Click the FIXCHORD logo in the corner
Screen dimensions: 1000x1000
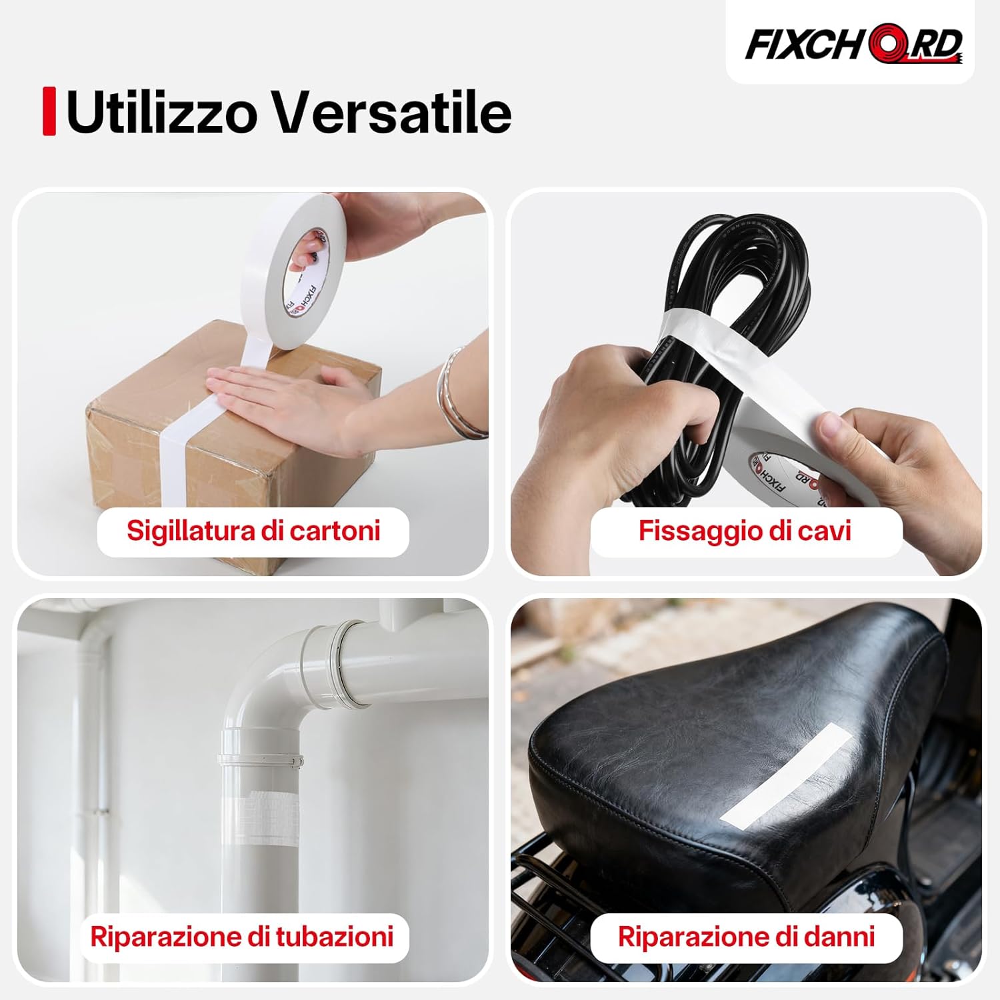[853, 44]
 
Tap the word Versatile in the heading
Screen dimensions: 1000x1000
[393, 112]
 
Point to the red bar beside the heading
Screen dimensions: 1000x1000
[49, 111]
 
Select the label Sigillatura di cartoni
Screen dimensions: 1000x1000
[253, 531]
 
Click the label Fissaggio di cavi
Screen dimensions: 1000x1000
[745, 531]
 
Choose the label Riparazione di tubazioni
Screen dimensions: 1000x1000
[242, 937]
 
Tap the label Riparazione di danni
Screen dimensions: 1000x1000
[746, 937]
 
